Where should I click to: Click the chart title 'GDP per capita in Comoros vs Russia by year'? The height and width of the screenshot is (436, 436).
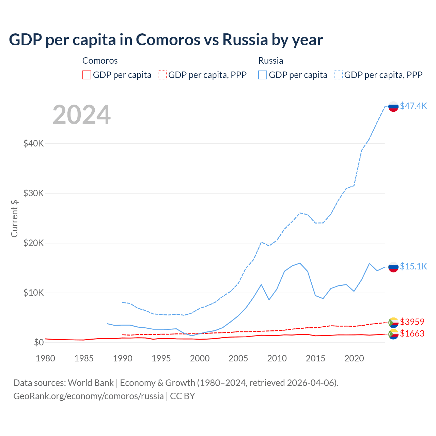166,40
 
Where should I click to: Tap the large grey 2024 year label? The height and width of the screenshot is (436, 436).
81,115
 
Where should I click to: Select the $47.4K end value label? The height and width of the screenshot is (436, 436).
413,106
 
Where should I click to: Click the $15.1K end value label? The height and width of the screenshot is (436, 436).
413,266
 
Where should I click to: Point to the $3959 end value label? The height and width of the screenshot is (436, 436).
412,322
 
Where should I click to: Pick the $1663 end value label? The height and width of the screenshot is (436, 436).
412,333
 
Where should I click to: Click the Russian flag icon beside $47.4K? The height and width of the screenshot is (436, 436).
393,106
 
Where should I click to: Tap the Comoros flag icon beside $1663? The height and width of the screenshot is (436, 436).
393,334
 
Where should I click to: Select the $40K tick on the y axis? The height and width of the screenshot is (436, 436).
33,143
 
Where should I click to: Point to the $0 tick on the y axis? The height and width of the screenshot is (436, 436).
39,342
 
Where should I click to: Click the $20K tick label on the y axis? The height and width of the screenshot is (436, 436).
33,243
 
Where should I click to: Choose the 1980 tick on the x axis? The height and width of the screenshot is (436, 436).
45,358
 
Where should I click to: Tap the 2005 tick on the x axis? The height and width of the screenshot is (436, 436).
238,358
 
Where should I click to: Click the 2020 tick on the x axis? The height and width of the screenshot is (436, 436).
354,358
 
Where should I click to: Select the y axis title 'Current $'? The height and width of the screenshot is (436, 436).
14,218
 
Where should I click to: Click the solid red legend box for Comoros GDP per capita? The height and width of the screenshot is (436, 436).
87,75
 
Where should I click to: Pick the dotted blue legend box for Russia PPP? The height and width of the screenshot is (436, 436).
338,75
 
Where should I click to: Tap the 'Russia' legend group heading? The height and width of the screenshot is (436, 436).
271,61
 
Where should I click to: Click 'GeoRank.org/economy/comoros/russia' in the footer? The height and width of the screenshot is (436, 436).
89,396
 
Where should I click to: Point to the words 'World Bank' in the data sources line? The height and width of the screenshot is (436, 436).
91,383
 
